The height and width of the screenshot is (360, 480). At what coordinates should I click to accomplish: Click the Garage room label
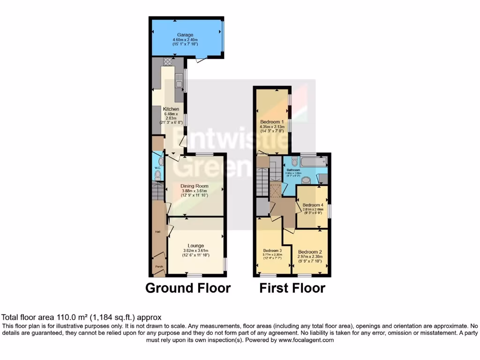[x=187, y=35]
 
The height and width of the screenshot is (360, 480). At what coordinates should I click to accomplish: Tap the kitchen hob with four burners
[x=167, y=64]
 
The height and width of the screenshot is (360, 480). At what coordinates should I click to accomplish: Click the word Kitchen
[x=168, y=109]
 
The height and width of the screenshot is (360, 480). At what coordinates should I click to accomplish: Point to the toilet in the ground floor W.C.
[x=157, y=175]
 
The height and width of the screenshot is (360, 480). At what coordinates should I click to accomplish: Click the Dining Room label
[x=195, y=186]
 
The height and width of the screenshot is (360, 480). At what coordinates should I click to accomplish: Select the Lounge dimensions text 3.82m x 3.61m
[x=195, y=250]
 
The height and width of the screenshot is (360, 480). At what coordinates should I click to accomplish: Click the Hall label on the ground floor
[x=157, y=232]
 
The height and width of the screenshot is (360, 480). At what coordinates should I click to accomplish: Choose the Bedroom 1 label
[x=272, y=122]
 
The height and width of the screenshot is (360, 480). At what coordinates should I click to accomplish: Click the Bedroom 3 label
[x=272, y=250]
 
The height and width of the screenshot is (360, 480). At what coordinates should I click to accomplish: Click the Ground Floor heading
[x=188, y=287]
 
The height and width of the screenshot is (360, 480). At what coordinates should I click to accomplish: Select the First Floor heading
[x=292, y=287]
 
